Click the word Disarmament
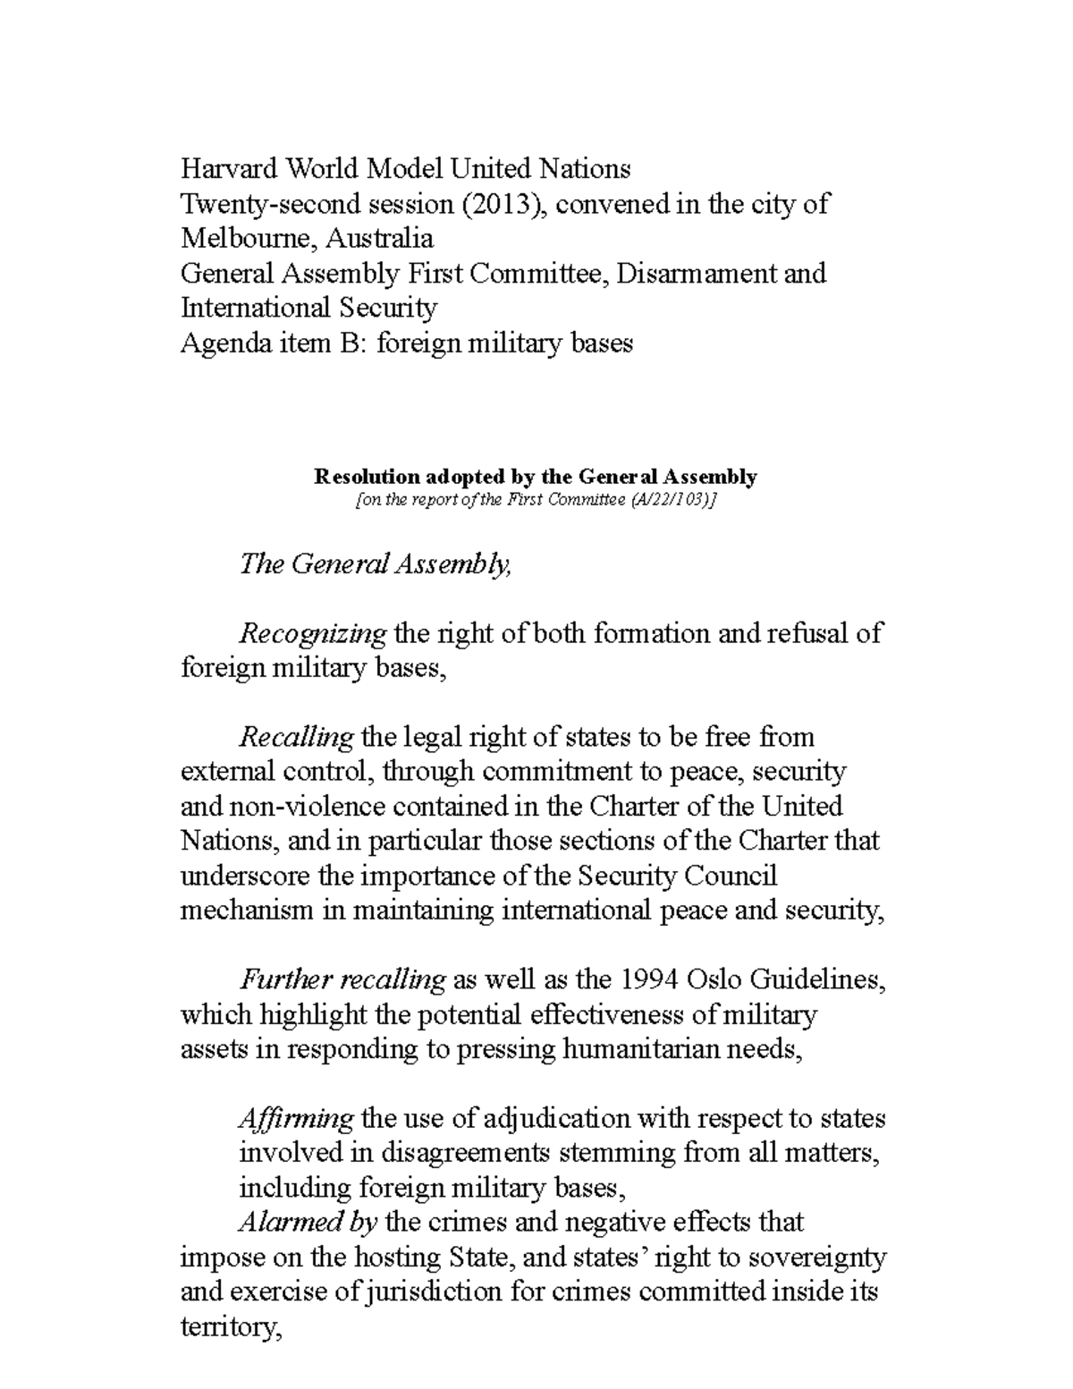pos(698,274)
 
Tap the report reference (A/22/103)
pos(668,501)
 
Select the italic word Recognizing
pos(313,635)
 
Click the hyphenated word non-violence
pos(299,807)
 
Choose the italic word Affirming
pos(296,1120)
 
